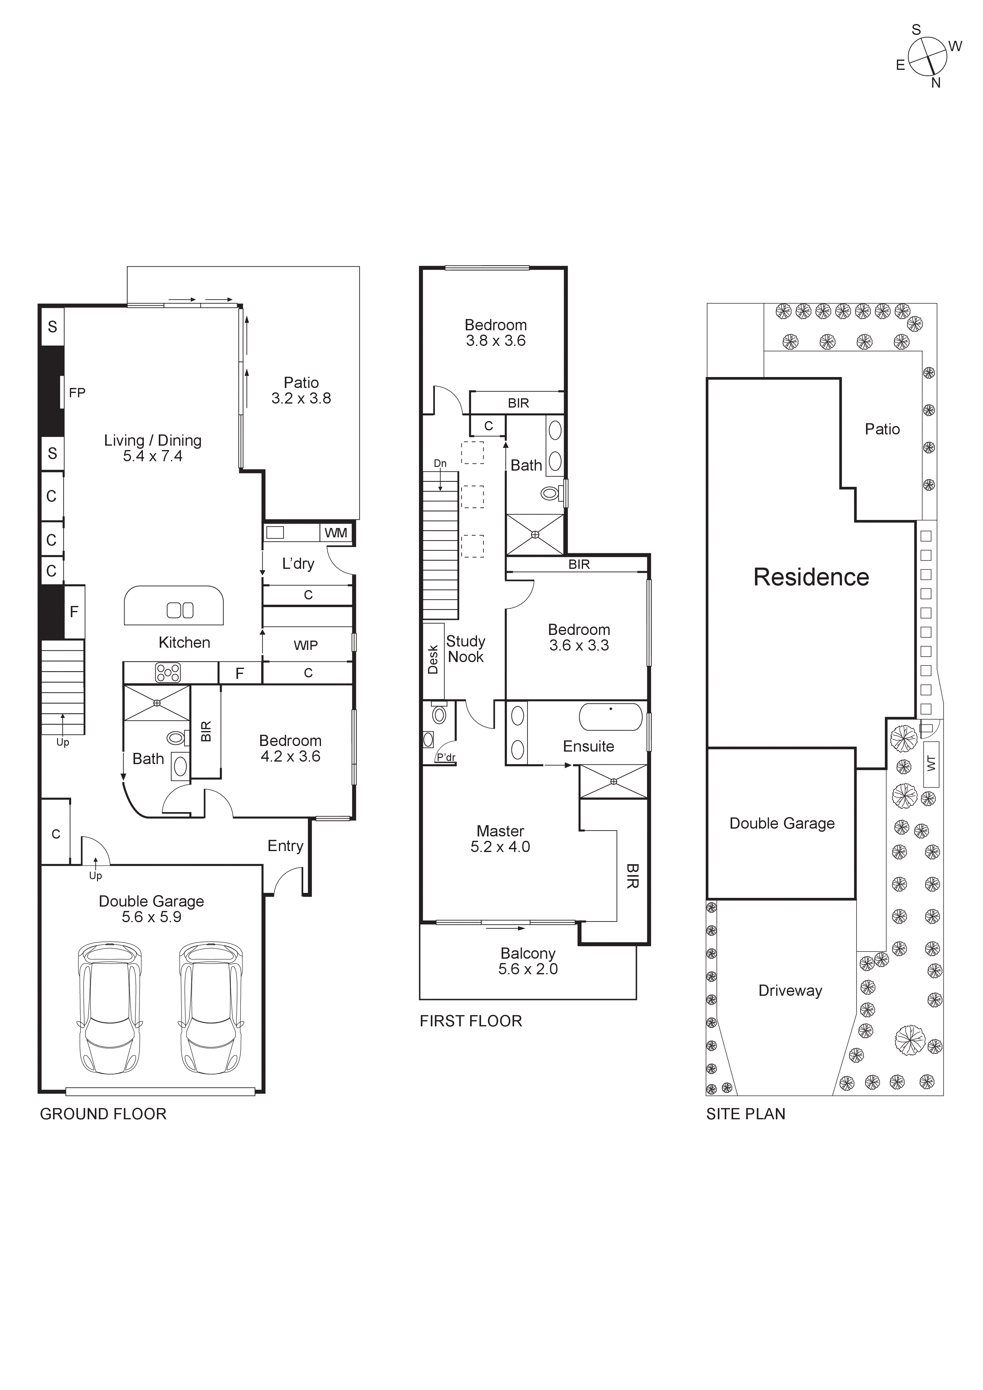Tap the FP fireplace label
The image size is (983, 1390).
(77, 393)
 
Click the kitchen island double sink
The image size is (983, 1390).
(180, 610)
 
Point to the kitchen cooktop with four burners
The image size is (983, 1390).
(168, 673)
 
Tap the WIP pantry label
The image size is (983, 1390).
(306, 645)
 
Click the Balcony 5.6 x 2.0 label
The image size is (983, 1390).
(528, 961)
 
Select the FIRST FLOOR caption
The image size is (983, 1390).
(471, 1021)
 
